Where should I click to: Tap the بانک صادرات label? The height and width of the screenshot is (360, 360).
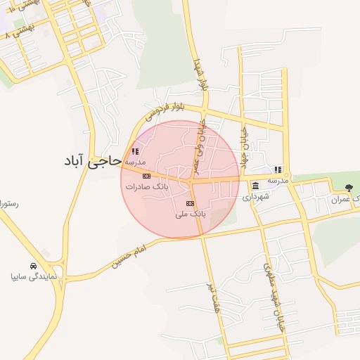[144, 188]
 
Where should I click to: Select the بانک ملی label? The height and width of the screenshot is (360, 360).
[188, 213]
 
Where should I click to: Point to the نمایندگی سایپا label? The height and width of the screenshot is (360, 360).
[34, 277]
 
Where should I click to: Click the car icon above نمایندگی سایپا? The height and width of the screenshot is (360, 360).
[34, 266]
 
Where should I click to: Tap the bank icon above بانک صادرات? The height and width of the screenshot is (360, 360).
[146, 176]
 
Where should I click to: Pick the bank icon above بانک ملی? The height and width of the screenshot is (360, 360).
[188, 202]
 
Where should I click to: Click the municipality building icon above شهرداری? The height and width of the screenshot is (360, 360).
[255, 186]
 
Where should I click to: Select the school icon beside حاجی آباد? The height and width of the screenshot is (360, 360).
[135, 151]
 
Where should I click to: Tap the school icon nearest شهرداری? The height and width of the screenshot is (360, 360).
[278, 169]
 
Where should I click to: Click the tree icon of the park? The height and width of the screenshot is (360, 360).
[350, 187]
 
